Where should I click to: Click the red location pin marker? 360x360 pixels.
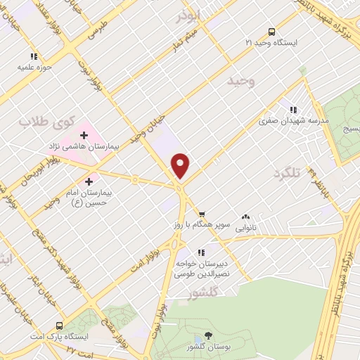[x=181, y=165]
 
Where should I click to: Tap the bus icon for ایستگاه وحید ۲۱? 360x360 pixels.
[x=271, y=32]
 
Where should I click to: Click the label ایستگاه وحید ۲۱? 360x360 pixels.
[x=271, y=43]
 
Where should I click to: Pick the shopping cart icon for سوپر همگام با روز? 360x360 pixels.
[x=202, y=213]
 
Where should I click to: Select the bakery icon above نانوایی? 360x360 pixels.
[x=245, y=218]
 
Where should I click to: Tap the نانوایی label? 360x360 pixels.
[x=245, y=228]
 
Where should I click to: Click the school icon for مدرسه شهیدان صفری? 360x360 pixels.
[x=293, y=110]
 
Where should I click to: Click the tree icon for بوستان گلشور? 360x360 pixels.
[x=207, y=337]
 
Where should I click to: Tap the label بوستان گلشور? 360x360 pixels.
[x=207, y=348]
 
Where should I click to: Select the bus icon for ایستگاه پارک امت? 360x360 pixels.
[x=59, y=326]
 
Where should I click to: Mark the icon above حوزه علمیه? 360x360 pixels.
[x=32, y=56]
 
